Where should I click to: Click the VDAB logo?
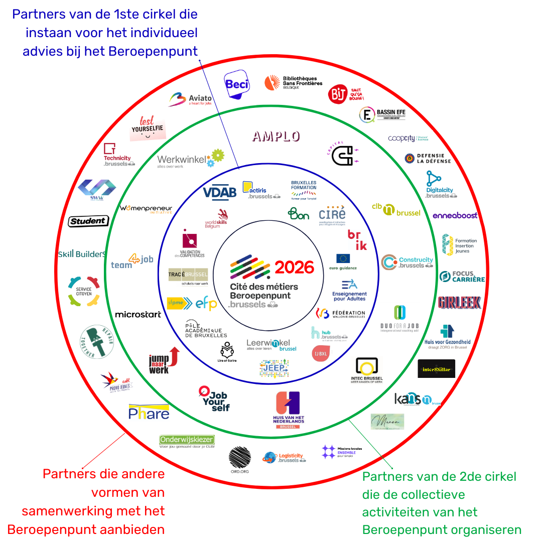(219, 192)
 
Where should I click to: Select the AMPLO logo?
(276, 137)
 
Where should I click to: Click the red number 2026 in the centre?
(295, 267)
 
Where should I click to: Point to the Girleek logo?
(459, 302)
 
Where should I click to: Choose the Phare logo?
(149, 412)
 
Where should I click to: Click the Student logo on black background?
(88, 221)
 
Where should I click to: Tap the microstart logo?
(138, 315)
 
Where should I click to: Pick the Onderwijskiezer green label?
(187, 440)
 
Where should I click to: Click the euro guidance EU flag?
(343, 258)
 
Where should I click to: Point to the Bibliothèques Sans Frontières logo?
(294, 83)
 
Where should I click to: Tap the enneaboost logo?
(455, 215)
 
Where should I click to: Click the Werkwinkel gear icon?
(216, 157)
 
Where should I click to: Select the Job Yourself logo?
(214, 398)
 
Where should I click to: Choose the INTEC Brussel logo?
(367, 370)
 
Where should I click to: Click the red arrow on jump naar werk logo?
(174, 355)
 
